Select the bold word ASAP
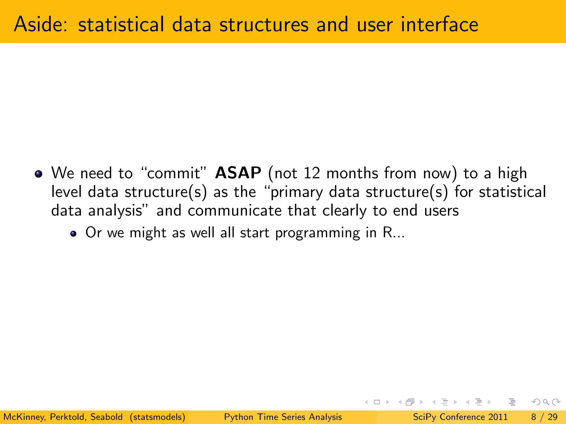coord(238,173)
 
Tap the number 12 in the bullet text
coord(311,173)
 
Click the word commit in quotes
coord(173,173)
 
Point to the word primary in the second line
coord(296,192)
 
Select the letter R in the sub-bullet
coord(387,232)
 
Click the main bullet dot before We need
coord(38,174)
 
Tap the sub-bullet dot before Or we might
coord(73,234)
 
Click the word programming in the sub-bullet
coord(318,233)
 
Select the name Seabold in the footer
coord(106,417)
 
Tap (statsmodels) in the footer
coord(157,417)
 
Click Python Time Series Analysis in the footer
coord(283,417)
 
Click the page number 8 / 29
coord(544,417)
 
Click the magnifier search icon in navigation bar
coord(546,402)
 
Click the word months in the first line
coord(352,173)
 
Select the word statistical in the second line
coord(512,192)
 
